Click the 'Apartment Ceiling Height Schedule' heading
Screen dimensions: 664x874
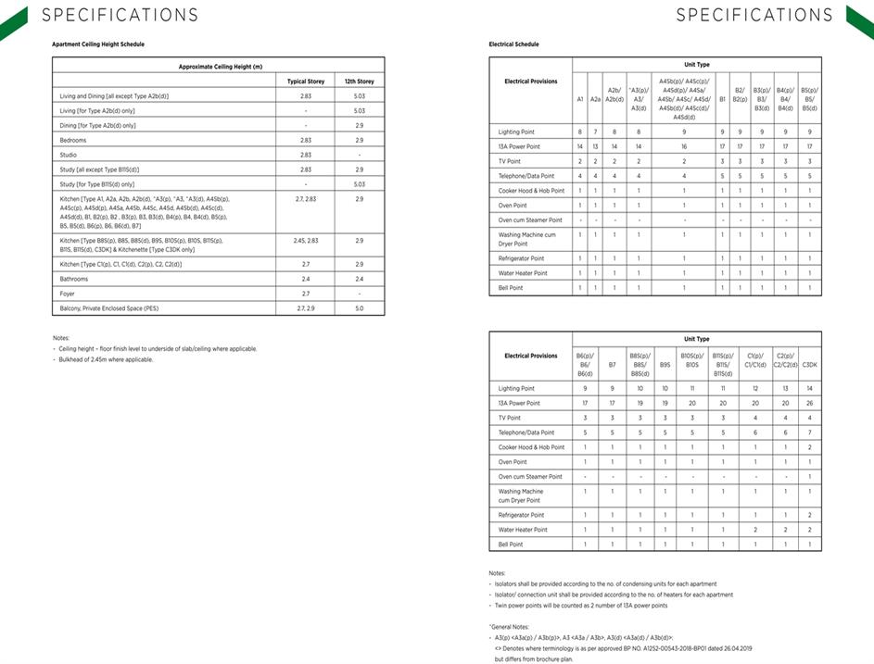coord(98,44)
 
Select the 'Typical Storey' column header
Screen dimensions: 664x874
coord(306,81)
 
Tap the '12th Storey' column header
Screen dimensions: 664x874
coord(359,81)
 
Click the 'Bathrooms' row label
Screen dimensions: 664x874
coord(73,278)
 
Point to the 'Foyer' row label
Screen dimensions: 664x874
coord(67,292)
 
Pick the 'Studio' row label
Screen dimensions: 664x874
coord(68,155)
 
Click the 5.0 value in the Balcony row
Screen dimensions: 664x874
coord(359,307)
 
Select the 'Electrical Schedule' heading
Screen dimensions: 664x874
coord(513,44)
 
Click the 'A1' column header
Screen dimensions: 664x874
coord(580,99)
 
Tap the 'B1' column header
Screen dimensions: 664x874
coord(722,99)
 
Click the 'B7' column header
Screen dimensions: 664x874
coord(612,365)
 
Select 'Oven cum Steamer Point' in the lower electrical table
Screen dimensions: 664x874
coord(530,476)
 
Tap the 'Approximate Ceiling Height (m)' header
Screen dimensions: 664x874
coord(220,67)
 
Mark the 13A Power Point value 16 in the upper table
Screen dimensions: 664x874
coord(684,147)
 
